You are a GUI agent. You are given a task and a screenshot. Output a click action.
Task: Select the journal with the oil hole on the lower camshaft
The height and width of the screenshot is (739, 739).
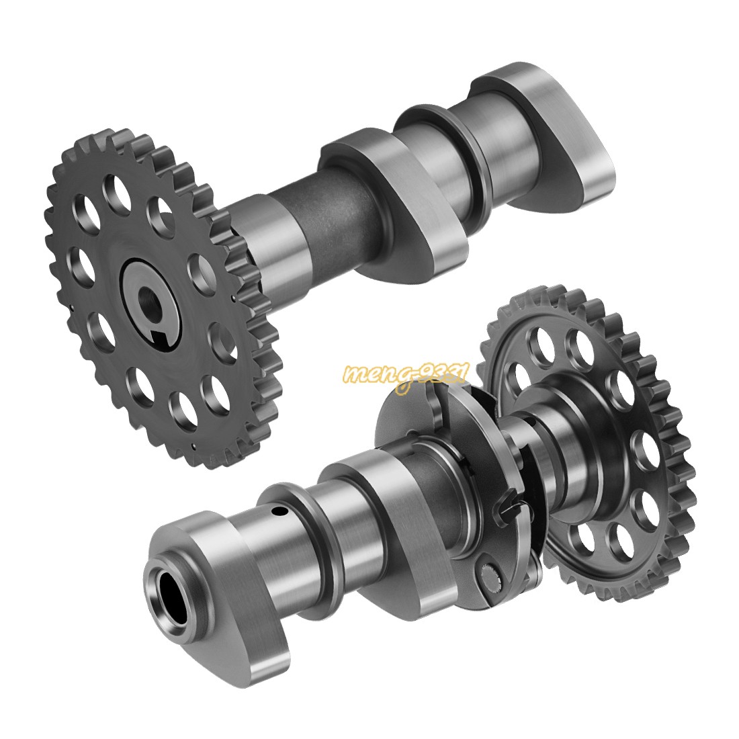click(x=269, y=537)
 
